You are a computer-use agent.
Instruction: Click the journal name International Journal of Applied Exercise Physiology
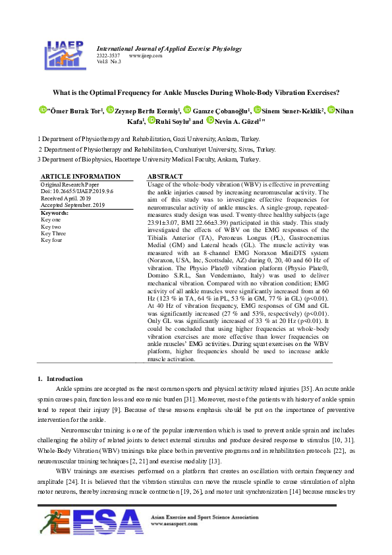tap(169, 49)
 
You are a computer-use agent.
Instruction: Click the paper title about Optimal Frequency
tap(196, 93)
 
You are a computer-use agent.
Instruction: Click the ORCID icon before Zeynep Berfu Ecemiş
tap(110, 110)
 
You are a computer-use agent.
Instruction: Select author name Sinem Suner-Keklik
tap(293, 111)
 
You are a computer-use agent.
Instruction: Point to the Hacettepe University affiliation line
tap(149, 160)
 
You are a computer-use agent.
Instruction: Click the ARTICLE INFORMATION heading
tap(80, 177)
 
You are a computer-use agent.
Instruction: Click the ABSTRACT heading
tap(165, 177)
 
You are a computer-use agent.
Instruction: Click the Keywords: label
tap(55, 213)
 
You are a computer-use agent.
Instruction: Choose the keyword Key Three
tap(53, 233)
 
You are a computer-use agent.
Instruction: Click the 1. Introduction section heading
tap(60, 379)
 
